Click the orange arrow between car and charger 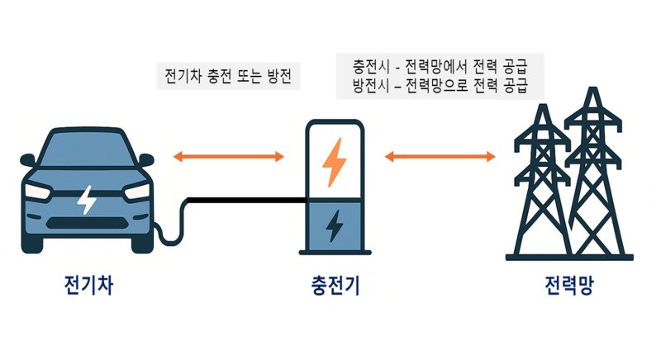point(228,155)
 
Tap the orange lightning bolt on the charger point(334,162)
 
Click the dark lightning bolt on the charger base point(334,225)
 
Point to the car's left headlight point(38,192)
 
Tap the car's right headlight point(136,192)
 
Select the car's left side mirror point(26,159)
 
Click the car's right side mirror point(146,159)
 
